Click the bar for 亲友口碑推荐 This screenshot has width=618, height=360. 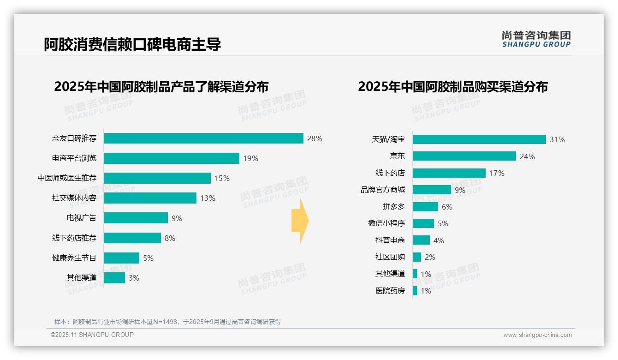pyautogui.click(x=203, y=138)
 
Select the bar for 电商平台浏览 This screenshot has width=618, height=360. pyautogui.click(x=171, y=158)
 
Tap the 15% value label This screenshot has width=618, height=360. pyautogui.click(x=222, y=178)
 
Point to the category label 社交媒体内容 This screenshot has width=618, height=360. pyautogui.click(x=74, y=198)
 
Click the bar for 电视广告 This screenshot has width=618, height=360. pyautogui.click(x=136, y=218)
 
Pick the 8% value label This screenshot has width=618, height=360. pyautogui.click(x=170, y=238)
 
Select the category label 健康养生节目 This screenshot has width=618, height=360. pyautogui.click(x=74, y=258)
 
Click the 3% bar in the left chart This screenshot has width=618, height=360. pyautogui.click(x=114, y=278)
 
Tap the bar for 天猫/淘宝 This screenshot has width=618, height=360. pyautogui.click(x=479, y=139)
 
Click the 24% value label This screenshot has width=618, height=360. pyautogui.click(x=527, y=156)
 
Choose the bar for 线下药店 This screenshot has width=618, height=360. pyautogui.click(x=449, y=173)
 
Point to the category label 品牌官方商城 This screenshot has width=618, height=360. pyautogui.click(x=383, y=190)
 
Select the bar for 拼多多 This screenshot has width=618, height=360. pyautogui.click(x=425, y=207)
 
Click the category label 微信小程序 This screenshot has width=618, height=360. pyautogui.click(x=386, y=223)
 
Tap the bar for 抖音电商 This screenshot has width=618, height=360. pyautogui.click(x=421, y=240)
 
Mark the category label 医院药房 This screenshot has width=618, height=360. pyautogui.click(x=390, y=291)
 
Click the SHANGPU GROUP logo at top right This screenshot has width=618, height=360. pyautogui.click(x=536, y=39)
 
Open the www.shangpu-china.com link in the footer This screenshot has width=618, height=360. pyautogui.click(x=537, y=335)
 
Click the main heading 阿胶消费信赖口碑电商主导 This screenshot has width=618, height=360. pyautogui.click(x=132, y=44)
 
